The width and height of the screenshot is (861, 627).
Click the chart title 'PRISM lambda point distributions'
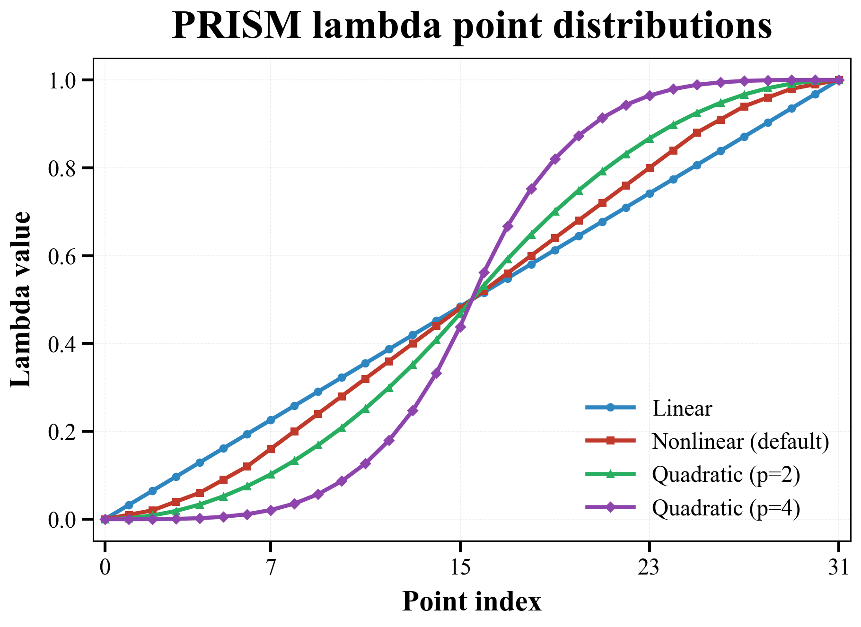click(472, 26)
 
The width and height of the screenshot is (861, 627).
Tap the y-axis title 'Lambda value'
click(21, 299)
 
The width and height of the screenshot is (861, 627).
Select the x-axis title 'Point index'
click(472, 602)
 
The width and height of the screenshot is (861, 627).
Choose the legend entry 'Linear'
click(682, 408)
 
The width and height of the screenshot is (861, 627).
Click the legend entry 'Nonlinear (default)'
click(740, 441)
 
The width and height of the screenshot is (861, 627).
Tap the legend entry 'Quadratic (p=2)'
click(726, 474)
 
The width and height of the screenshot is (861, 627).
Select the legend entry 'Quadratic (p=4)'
click(726, 508)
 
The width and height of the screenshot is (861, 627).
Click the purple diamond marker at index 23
click(650, 96)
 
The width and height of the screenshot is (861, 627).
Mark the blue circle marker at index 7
click(271, 420)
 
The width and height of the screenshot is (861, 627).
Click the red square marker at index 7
click(271, 449)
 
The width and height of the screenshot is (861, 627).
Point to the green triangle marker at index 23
click(650, 139)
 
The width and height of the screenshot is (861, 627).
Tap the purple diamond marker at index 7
click(271, 510)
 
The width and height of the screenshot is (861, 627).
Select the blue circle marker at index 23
click(650, 193)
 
